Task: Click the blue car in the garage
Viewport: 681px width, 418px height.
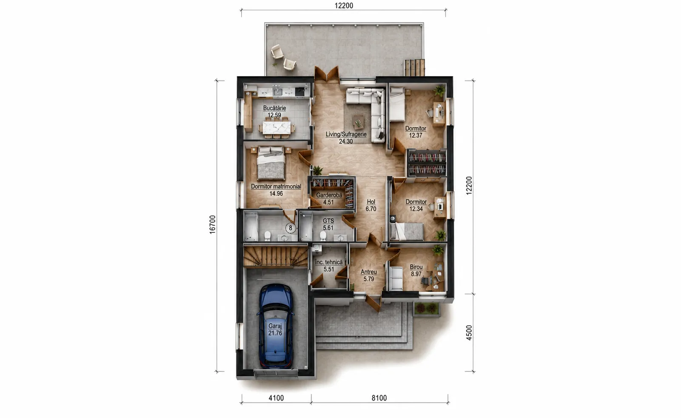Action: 276,326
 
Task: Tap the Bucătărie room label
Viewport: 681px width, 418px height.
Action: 274,108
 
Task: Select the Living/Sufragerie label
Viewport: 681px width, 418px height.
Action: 346,134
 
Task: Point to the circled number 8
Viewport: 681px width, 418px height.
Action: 291,228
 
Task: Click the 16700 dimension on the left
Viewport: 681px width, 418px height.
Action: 212,224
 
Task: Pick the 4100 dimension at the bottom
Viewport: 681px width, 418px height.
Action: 276,398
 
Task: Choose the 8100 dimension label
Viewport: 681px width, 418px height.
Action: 379,398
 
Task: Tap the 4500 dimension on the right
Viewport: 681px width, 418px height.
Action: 469,332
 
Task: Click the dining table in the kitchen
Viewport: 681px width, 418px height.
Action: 276,128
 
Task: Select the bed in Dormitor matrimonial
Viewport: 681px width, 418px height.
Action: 271,163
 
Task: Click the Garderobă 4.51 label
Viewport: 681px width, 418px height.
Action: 329,199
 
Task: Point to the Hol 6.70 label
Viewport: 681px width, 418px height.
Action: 371,205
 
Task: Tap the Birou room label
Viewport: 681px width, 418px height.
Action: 416,267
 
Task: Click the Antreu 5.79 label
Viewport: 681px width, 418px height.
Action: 369,275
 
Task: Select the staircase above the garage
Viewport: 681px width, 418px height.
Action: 276,256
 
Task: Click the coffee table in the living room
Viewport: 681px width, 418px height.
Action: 359,122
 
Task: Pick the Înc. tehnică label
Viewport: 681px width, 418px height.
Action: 329,262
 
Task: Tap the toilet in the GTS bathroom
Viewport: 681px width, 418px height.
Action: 323,236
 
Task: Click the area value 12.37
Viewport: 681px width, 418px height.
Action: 416,136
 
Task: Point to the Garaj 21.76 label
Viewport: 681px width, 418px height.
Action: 275,329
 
